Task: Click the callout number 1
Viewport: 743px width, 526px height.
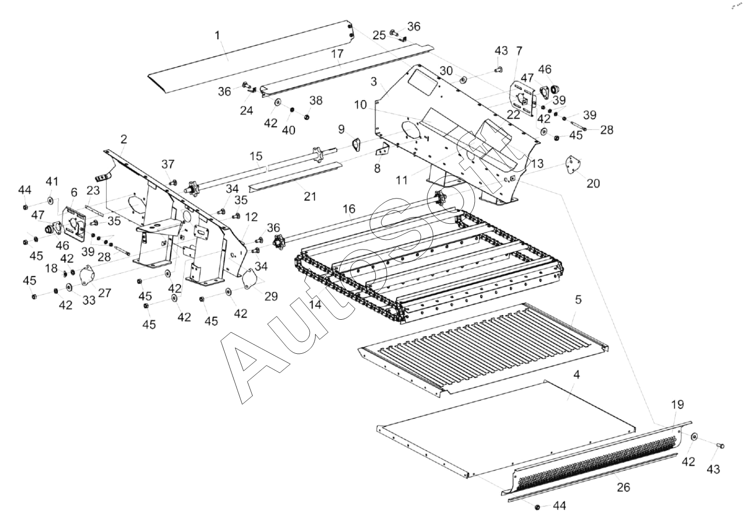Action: point(217,35)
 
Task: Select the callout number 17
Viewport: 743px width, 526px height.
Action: point(337,53)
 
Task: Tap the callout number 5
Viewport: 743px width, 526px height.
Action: point(579,299)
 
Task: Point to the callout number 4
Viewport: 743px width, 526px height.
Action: point(576,374)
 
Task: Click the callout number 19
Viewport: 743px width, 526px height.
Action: point(677,405)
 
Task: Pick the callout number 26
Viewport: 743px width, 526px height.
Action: point(623,487)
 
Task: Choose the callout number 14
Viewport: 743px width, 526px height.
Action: point(315,305)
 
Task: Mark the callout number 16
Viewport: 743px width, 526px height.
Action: point(349,208)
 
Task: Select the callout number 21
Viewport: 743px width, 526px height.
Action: point(310,196)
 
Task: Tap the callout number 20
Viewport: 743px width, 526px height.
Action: point(593,183)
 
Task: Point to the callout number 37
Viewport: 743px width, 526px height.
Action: point(168,165)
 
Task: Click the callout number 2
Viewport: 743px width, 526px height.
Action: point(124,139)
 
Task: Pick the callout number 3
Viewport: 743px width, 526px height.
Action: point(373,81)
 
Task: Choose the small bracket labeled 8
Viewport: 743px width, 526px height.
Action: point(382,151)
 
